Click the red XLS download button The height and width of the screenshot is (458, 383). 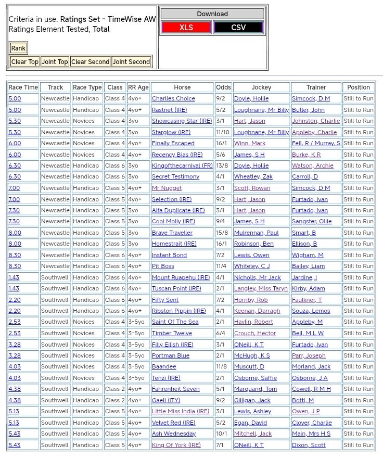coord(186,28)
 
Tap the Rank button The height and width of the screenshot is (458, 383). coord(18,48)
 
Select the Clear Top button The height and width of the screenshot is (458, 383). coord(25,62)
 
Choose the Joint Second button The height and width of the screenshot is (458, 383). coord(131,62)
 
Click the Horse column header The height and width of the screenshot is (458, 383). coord(182,87)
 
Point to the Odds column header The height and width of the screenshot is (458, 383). coord(223,87)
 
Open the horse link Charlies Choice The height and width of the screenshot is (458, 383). coord(173,98)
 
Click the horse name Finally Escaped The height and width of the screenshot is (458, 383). coord(173,143)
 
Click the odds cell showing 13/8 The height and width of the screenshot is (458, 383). coord(222,166)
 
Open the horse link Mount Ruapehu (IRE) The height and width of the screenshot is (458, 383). coord(181,277)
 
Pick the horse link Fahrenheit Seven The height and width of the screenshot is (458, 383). coord(175,389)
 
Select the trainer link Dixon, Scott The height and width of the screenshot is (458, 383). coord(309,445)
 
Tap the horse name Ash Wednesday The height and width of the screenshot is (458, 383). coord(174,434)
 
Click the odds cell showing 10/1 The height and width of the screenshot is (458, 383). coord(222,434)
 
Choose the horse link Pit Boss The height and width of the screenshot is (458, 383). coord(163,266)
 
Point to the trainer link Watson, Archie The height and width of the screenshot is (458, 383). coord(313,166)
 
